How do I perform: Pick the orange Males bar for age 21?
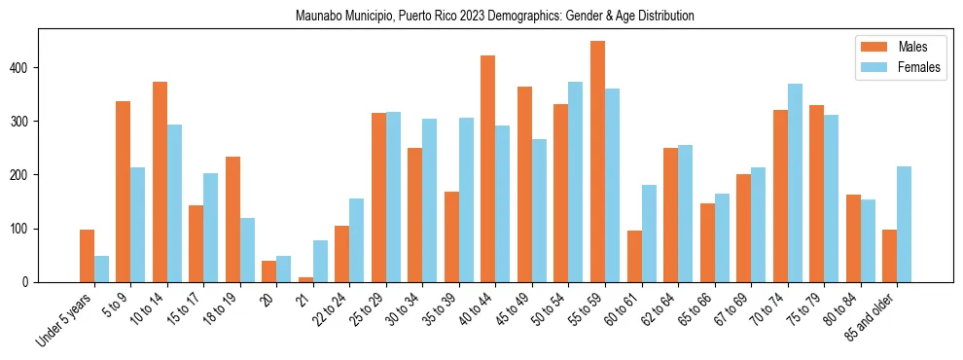(x=305, y=279)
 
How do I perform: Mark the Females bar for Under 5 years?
(x=101, y=269)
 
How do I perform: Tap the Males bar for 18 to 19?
(x=232, y=219)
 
